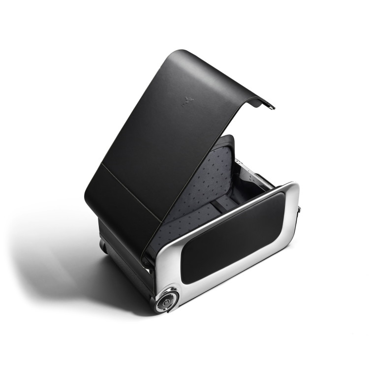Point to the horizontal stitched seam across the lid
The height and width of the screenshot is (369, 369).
coord(133,192)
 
